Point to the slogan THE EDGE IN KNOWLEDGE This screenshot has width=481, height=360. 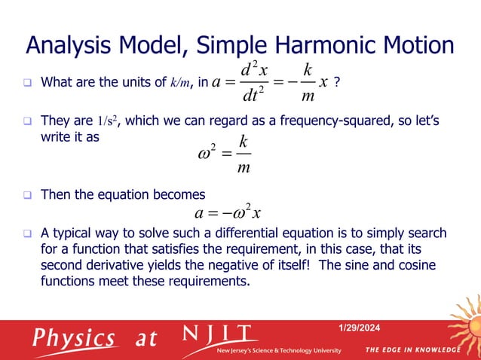tap(412, 350)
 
